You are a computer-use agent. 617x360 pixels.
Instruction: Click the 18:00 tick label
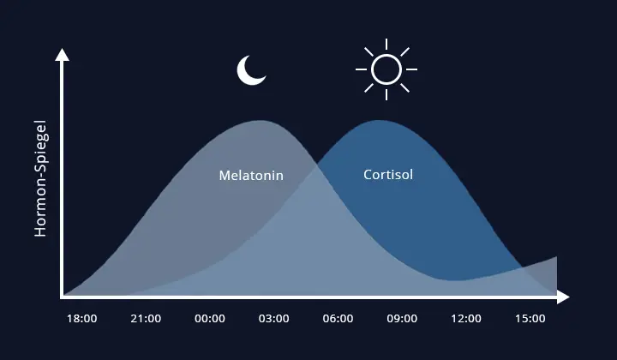pyautogui.click(x=81, y=319)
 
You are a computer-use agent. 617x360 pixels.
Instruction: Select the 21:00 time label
pyautogui.click(x=146, y=319)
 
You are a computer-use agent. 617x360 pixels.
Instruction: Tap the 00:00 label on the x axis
pyautogui.click(x=210, y=319)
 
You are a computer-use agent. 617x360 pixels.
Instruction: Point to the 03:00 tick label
pyautogui.click(x=274, y=319)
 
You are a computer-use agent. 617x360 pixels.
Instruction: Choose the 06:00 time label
pyautogui.click(x=338, y=319)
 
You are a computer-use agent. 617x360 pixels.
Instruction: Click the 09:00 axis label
pyautogui.click(x=402, y=319)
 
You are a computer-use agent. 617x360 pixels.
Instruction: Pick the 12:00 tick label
pyautogui.click(x=466, y=319)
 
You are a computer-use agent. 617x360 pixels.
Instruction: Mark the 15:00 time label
pyautogui.click(x=530, y=319)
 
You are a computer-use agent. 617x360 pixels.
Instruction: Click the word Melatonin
pyautogui.click(x=251, y=176)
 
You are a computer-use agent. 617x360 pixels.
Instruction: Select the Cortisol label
pyautogui.click(x=388, y=175)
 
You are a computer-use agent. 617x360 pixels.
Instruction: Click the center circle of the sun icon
pyautogui.click(x=386, y=68)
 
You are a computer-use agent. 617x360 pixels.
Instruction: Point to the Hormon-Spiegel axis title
pyautogui.click(x=40, y=184)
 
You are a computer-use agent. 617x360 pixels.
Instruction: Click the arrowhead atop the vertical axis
pyautogui.click(x=62, y=54)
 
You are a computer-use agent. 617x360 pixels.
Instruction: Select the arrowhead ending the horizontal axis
pyautogui.click(x=563, y=297)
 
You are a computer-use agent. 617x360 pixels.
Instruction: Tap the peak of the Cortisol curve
pyautogui.click(x=377, y=121)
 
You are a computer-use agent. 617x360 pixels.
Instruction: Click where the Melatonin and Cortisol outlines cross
pyautogui.click(x=317, y=163)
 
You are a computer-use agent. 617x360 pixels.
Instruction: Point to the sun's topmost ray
pyautogui.click(x=386, y=44)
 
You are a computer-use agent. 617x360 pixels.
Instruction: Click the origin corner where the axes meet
pyautogui.click(x=62, y=297)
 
